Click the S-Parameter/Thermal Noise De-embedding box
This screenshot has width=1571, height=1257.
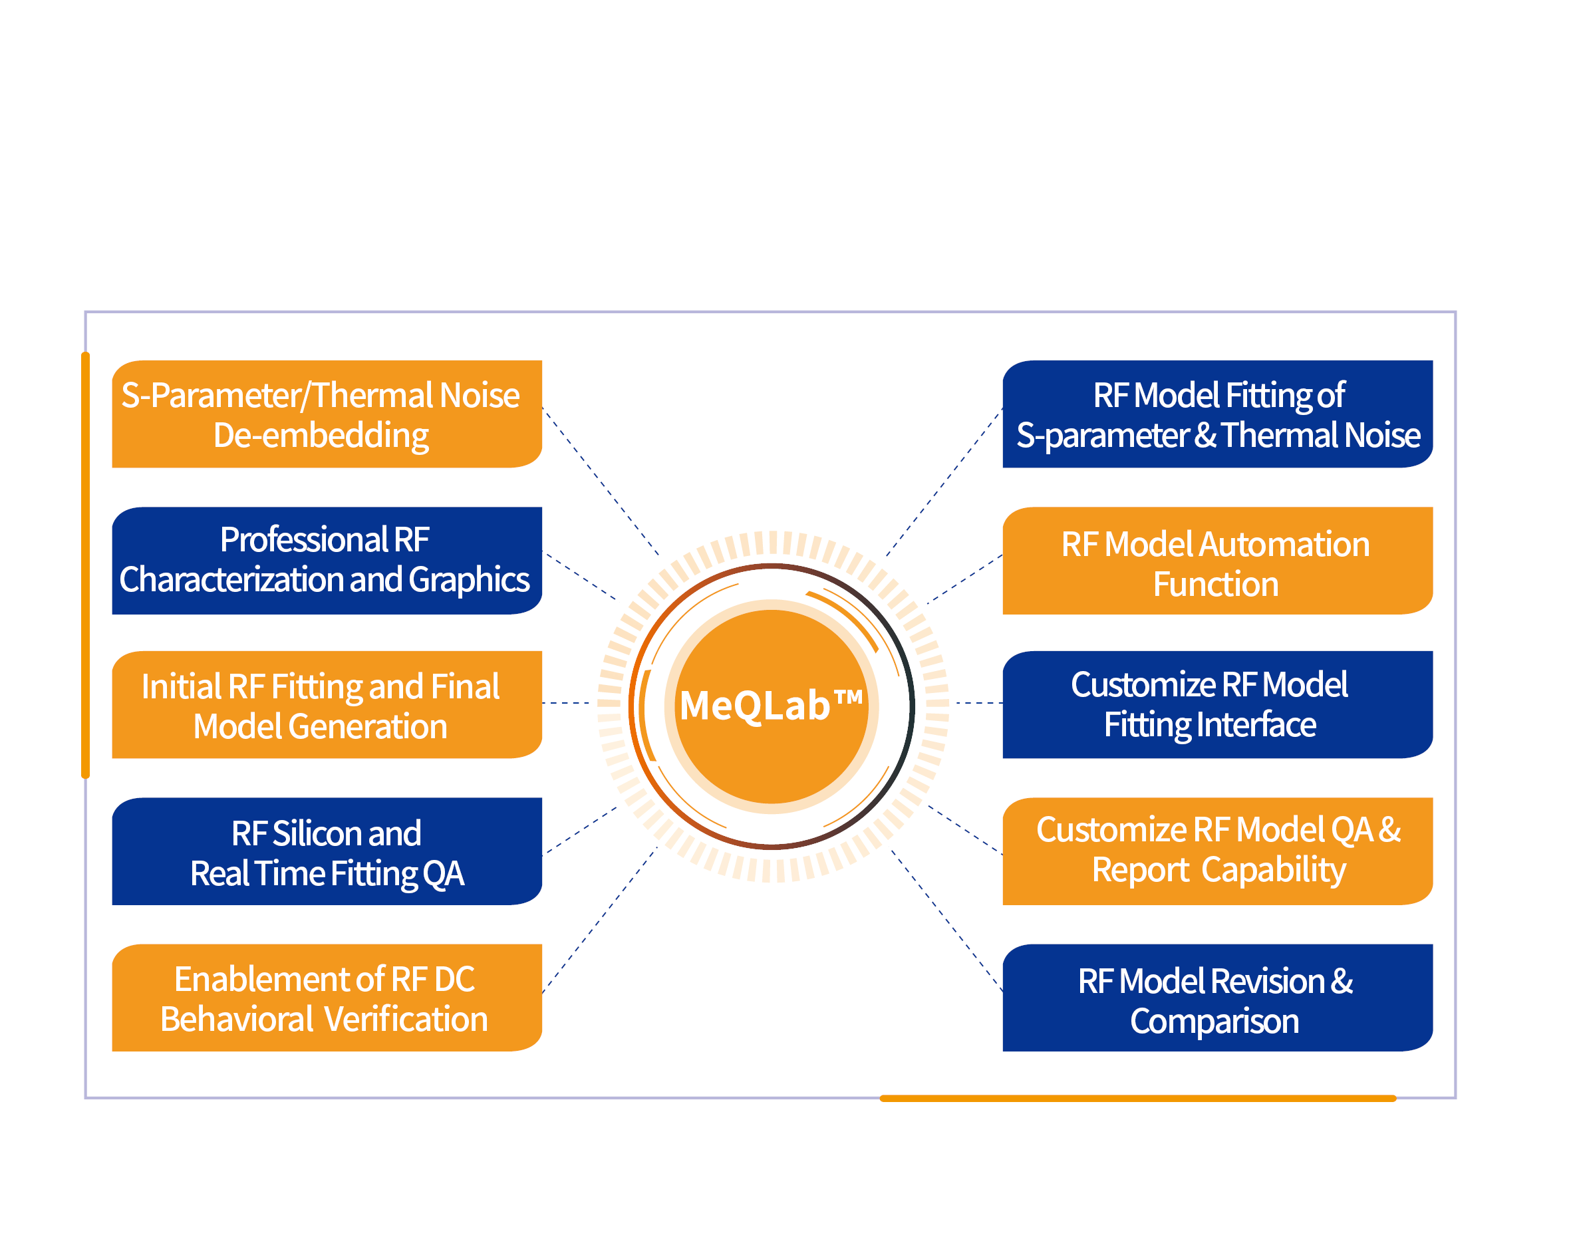327,414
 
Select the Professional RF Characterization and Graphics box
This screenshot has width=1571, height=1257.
327,561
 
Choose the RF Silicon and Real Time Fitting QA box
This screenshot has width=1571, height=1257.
327,851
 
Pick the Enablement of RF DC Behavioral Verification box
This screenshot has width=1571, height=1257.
327,998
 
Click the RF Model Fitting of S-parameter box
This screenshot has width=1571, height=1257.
1217,414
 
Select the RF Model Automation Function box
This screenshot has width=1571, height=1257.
1217,561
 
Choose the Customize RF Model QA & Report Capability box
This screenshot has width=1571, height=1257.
1217,851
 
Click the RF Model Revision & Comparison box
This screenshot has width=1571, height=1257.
1217,998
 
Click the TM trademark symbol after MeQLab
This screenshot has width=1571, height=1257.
847,698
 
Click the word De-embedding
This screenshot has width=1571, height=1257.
321,436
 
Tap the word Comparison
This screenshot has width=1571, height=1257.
1214,1021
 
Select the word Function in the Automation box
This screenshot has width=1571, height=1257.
1215,585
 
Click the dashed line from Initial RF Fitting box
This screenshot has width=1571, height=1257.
566,703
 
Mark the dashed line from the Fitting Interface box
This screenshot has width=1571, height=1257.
978,703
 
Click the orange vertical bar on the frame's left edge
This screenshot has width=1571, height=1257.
85,565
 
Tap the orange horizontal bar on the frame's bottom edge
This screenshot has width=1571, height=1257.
1137,1098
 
